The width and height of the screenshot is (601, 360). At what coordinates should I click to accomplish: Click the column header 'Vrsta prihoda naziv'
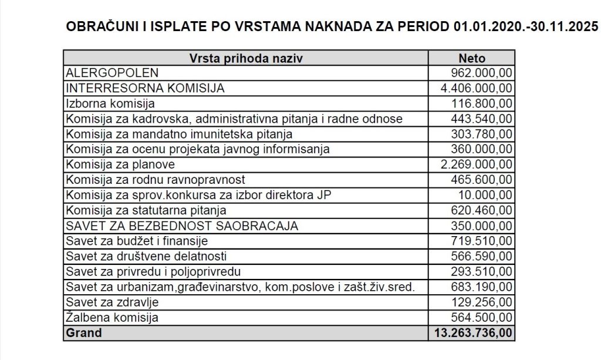pyautogui.click(x=246, y=58)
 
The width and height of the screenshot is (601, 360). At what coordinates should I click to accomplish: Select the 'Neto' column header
pyautogui.click(x=471, y=58)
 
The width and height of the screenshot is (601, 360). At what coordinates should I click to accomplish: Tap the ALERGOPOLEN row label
pyautogui.click(x=112, y=73)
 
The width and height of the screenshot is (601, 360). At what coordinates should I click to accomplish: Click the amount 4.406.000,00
pyautogui.click(x=476, y=89)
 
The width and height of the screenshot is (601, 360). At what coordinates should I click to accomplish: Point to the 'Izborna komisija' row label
pyautogui.click(x=110, y=104)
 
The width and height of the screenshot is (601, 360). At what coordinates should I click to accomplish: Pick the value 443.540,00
pyautogui.click(x=481, y=119)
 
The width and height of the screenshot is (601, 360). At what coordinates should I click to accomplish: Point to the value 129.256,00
pyautogui.click(x=481, y=302)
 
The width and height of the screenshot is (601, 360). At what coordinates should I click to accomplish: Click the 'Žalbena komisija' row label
pyautogui.click(x=112, y=318)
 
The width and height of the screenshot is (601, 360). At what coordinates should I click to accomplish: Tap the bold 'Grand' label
pyautogui.click(x=84, y=333)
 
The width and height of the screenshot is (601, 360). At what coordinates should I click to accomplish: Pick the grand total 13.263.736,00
pyautogui.click(x=472, y=333)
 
